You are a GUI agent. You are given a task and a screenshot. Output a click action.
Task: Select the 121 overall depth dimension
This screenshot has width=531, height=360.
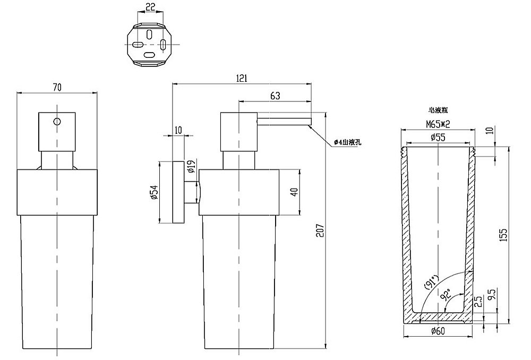point(242,78)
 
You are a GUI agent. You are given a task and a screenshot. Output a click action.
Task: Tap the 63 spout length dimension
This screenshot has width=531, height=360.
point(275,96)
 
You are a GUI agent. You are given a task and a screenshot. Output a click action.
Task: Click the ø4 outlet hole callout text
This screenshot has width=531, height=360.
point(348,142)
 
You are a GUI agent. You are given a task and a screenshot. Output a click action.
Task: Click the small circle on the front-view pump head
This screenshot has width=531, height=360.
point(56,121)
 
